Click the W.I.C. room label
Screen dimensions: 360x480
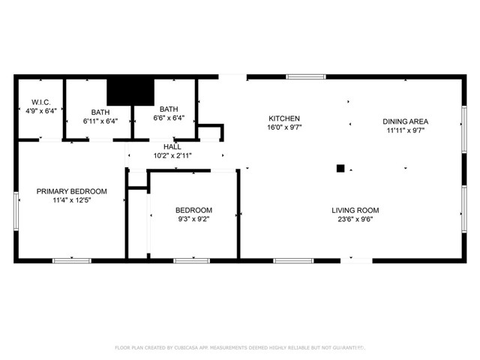[x=40, y=102]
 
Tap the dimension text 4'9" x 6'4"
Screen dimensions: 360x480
[x=40, y=111]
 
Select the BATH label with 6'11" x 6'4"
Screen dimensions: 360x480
[x=100, y=112]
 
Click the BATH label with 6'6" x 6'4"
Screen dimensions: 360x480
[x=168, y=109]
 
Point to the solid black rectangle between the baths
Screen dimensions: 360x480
[x=129, y=91]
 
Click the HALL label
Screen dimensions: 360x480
[x=172, y=147]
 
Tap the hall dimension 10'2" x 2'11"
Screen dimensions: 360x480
[x=172, y=156]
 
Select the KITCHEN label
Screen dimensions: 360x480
[x=284, y=118]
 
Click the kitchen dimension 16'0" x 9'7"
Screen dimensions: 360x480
[x=284, y=128]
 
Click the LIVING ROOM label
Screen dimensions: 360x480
[x=355, y=210]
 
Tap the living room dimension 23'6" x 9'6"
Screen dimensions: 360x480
[x=355, y=220]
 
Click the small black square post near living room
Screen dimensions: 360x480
[x=340, y=169]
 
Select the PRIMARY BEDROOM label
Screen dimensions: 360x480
[x=72, y=191]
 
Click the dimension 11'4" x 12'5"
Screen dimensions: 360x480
[x=72, y=200]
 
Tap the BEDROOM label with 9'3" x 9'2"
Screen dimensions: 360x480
[x=193, y=210]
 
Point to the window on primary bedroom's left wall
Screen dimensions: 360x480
[x=16, y=207]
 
